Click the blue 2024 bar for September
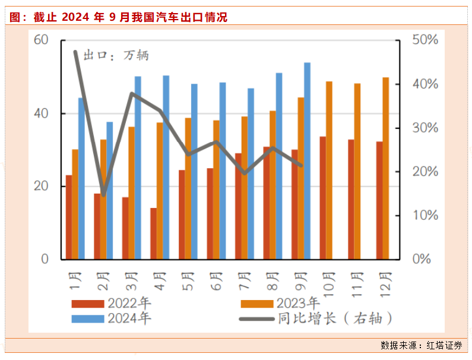point(307,160)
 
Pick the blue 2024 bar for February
point(109,190)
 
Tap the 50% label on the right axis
point(425,40)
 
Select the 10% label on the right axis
point(425,216)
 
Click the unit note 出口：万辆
point(115,56)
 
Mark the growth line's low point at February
point(103,194)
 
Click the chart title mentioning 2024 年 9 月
point(119,17)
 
